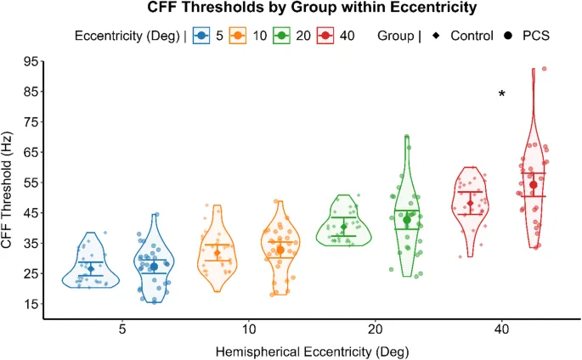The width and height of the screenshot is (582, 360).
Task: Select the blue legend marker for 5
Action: click(x=201, y=36)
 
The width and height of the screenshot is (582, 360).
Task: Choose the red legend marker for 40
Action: click(x=326, y=36)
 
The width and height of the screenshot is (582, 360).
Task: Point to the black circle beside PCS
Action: click(x=508, y=36)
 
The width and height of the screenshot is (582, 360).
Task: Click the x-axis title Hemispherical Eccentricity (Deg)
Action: click(x=314, y=350)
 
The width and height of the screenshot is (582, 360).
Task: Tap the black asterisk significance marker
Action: click(x=502, y=95)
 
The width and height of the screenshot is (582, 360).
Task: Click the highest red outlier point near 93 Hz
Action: click(x=544, y=69)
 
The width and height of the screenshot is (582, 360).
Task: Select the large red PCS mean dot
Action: click(x=534, y=185)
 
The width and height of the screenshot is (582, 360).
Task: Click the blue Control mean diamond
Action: click(x=91, y=269)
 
